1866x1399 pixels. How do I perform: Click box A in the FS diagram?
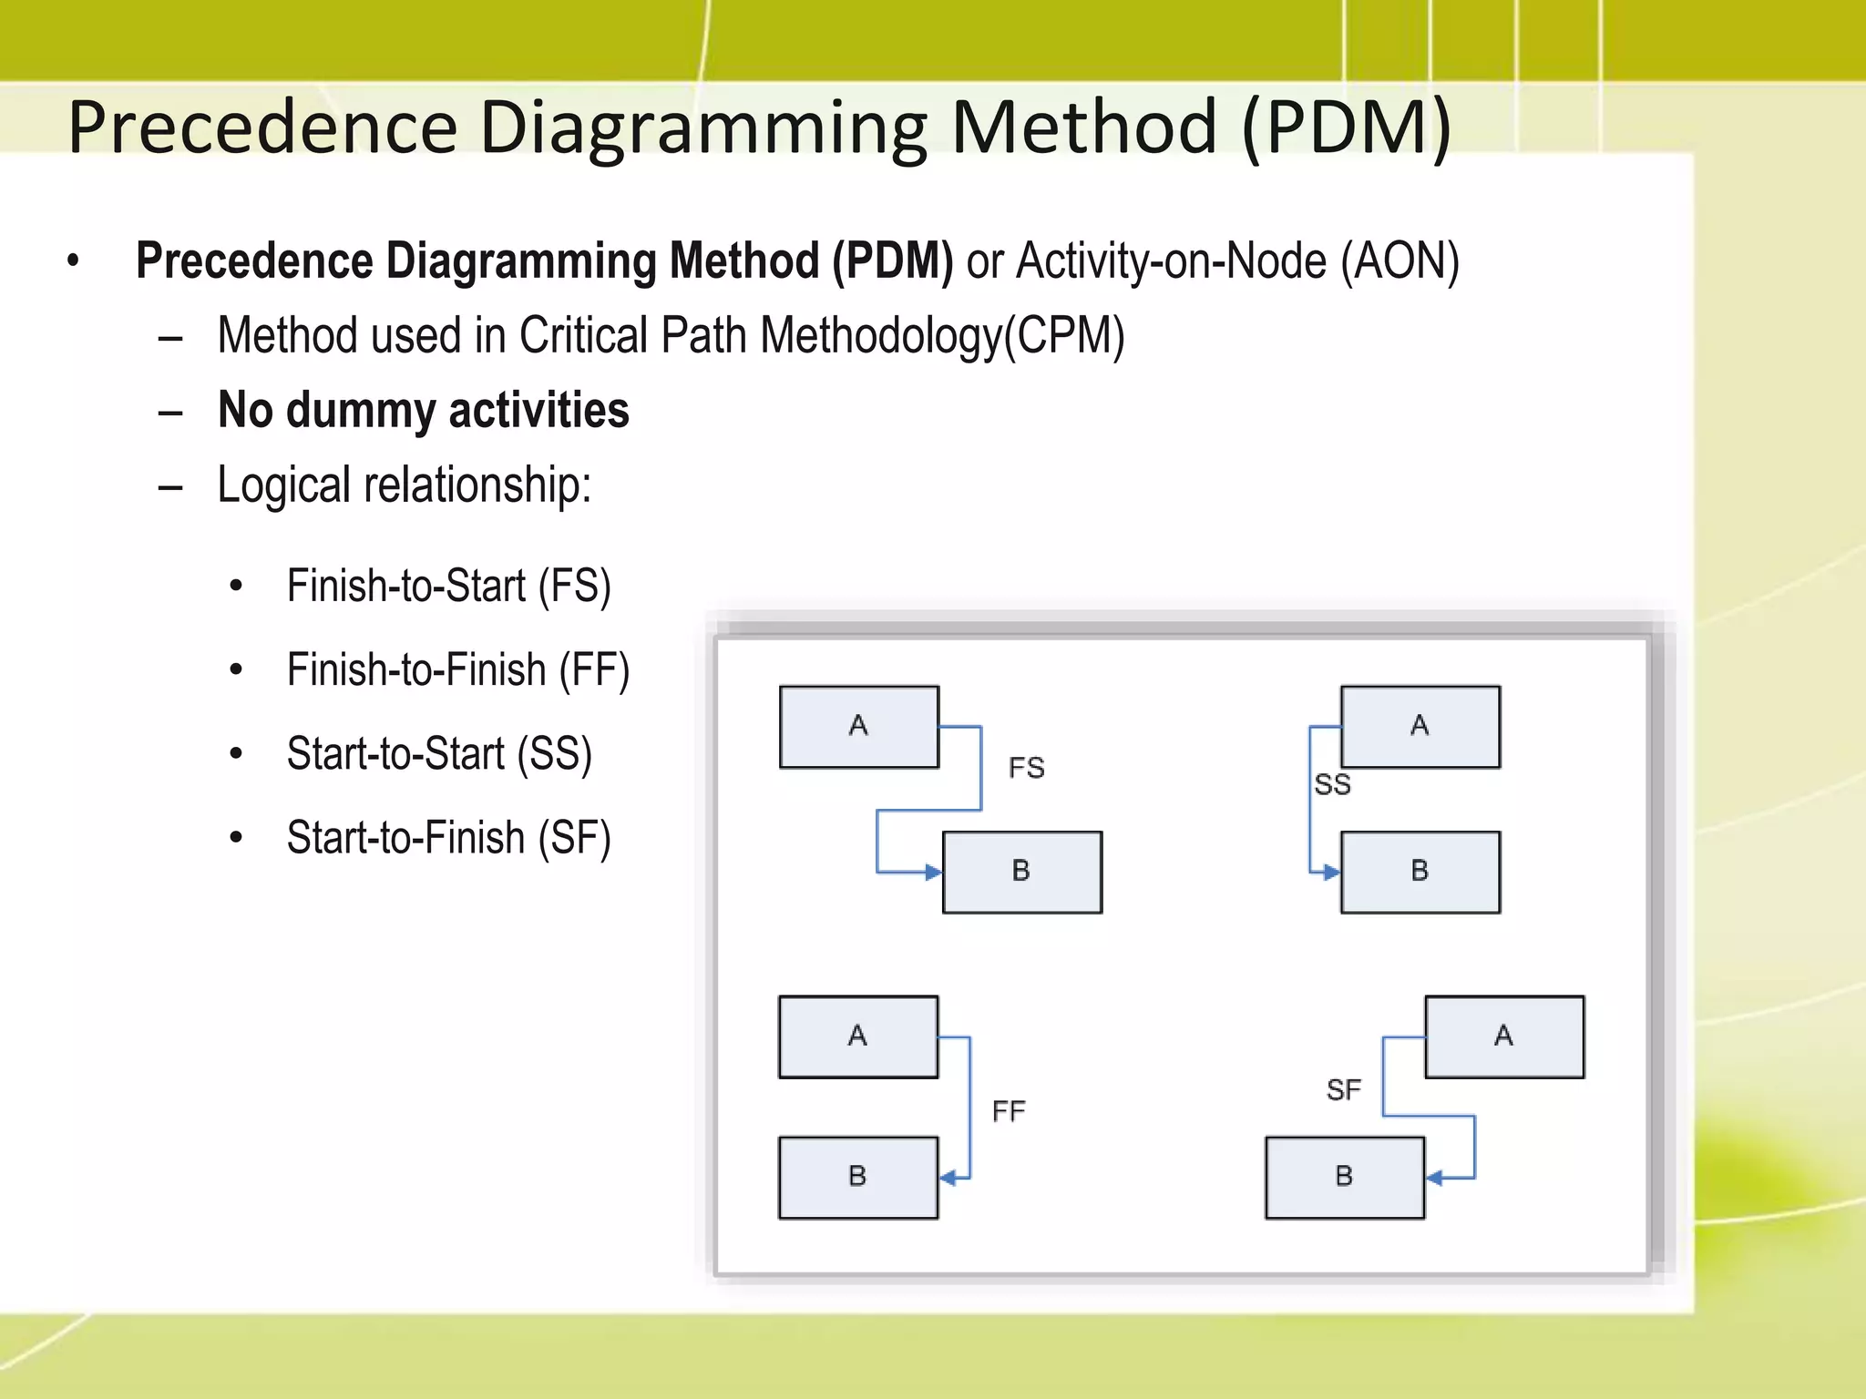(858, 727)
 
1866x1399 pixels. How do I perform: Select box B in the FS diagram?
(1021, 872)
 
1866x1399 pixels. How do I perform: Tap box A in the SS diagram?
(1420, 727)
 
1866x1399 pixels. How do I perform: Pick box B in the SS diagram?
(1420, 872)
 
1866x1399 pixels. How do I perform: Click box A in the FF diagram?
(857, 1036)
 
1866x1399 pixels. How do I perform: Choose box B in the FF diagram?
(857, 1177)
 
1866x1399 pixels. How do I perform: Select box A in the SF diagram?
(1503, 1036)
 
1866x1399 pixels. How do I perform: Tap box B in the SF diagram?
(1344, 1177)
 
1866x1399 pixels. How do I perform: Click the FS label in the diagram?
(1026, 769)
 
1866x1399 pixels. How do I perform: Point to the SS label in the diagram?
(1332, 784)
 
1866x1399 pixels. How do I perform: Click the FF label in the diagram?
(1009, 1111)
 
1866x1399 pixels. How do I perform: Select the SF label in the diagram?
(1343, 1089)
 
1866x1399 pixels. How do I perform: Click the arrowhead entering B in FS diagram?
(933, 873)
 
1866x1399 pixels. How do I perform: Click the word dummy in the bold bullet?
(361, 411)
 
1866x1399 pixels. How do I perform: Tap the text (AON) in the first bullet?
(1399, 261)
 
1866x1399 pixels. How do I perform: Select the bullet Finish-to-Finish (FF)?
(457, 670)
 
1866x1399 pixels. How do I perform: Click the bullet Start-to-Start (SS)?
(439, 754)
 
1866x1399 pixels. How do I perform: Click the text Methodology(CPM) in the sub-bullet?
(942, 336)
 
